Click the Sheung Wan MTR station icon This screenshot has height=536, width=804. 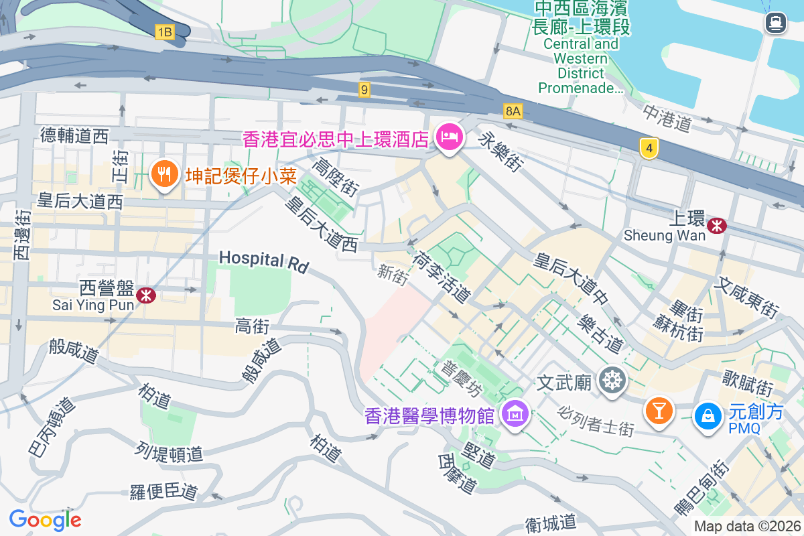[717, 225]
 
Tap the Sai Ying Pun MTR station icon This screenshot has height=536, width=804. [145, 295]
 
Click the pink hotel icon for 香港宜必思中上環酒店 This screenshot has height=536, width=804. [448, 137]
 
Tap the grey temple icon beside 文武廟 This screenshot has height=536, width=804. [612, 381]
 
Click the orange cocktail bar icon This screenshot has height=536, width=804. [659, 410]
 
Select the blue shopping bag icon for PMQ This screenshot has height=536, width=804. [708, 415]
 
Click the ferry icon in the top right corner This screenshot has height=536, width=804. [776, 23]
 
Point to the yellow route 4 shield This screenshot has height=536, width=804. [647, 148]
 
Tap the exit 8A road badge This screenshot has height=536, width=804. [513, 111]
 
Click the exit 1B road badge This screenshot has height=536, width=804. [164, 31]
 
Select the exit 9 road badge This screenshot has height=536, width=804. [364, 89]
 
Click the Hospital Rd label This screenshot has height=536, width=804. [263, 261]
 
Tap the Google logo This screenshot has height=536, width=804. [45, 519]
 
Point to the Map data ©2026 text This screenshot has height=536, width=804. [747, 526]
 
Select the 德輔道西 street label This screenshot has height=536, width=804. [74, 136]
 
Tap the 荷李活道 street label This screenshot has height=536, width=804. [442, 276]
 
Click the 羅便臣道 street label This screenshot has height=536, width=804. [164, 491]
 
